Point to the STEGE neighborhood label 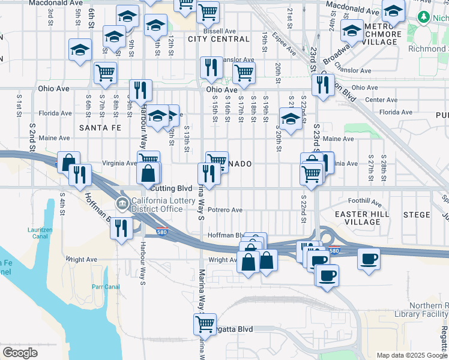click(417, 214)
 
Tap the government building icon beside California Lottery click(122, 205)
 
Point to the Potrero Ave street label click(224, 210)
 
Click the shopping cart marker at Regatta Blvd click(205, 324)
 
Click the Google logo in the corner click(20, 353)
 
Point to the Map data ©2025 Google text click(412, 355)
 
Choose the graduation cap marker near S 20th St click(291, 119)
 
